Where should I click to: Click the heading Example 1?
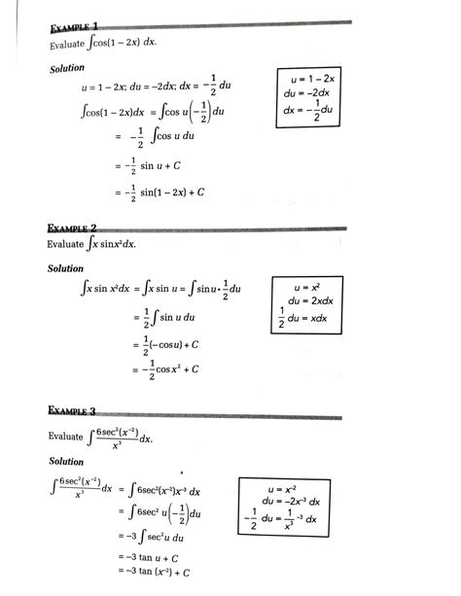pos(72,26)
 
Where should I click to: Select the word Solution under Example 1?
pos(67,68)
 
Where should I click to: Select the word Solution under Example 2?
pos(67,267)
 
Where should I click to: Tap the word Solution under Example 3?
pos(67,461)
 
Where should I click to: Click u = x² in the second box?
pos(312,288)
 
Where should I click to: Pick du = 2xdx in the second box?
pos(312,302)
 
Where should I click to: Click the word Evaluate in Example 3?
pos(68,438)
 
